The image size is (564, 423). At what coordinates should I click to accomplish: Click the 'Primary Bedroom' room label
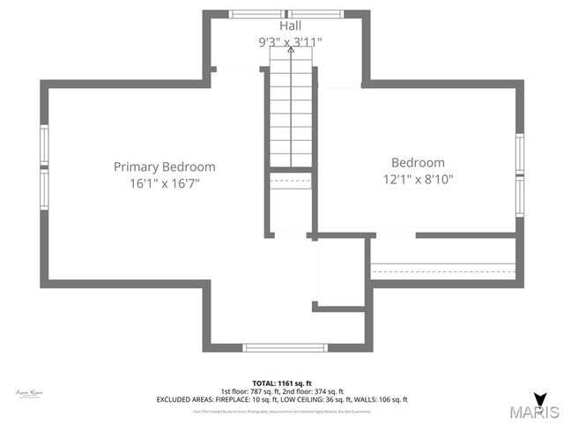coord(164,167)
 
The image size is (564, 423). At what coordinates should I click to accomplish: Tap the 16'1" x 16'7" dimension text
coord(164,183)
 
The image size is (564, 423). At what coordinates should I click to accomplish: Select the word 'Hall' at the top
coord(290,27)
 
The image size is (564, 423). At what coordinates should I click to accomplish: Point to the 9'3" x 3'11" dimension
coord(290,41)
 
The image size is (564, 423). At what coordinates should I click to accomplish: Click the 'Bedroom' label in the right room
coord(418,162)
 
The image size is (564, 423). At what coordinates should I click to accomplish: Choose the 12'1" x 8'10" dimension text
coord(418,179)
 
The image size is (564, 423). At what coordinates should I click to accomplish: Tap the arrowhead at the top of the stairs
coord(291,50)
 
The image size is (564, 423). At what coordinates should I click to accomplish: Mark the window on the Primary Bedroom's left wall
coord(44,160)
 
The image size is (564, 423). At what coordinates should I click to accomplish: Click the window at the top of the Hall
coord(290,14)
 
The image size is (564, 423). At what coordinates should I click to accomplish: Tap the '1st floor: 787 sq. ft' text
coord(251,392)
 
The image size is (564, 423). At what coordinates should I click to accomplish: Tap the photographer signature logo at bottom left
coord(30,393)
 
